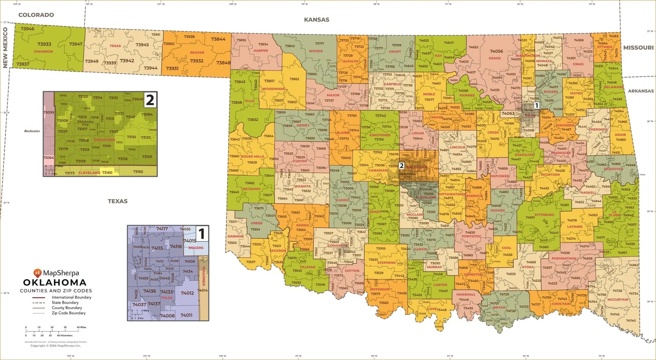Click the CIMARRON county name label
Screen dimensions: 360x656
[43, 52]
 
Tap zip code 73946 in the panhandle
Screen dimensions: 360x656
[27, 29]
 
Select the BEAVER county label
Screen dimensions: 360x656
[197, 53]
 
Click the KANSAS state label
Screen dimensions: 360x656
[317, 20]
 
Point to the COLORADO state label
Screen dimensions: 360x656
[36, 15]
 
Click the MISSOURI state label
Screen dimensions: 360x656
[638, 47]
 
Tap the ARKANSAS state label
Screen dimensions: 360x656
[641, 91]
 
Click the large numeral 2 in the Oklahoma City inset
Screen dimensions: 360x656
[150, 100]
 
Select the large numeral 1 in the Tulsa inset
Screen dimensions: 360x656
[202, 234]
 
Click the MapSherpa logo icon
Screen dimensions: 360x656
[38, 272]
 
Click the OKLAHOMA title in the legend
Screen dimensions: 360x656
[55, 283]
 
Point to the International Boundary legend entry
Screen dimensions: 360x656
[71, 297]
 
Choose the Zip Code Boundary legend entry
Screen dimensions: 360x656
[69, 313]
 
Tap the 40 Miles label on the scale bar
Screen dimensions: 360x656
[81, 327]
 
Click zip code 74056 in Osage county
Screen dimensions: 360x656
[496, 51]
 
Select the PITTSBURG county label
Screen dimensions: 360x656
[544, 215]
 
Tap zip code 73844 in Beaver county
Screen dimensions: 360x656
[218, 39]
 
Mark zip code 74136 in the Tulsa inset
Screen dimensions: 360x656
[150, 291]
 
